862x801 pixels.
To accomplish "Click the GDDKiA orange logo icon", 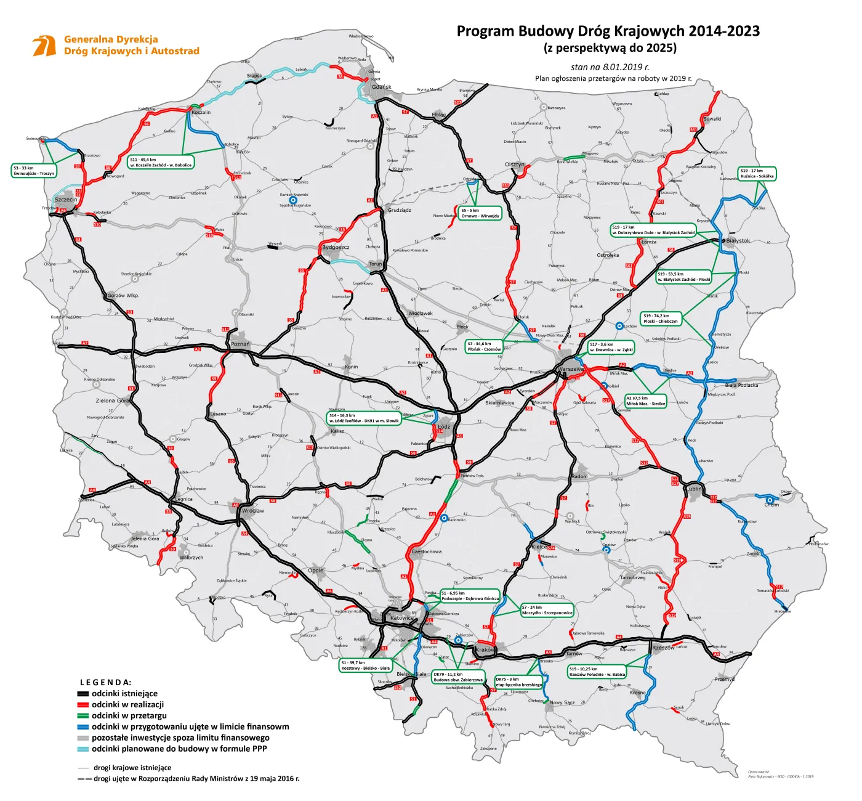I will pyautogui.click(x=44, y=46).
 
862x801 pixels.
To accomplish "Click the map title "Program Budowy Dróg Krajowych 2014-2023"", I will pyautogui.click(x=608, y=31).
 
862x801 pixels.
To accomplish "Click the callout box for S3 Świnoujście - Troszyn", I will pyautogui.click(x=34, y=171).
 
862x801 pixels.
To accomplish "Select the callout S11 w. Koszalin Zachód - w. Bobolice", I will pyautogui.click(x=161, y=163).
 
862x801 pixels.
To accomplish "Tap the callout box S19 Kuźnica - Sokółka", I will pyautogui.click(x=757, y=174).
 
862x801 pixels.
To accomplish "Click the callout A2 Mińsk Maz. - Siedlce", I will pyautogui.click(x=645, y=401).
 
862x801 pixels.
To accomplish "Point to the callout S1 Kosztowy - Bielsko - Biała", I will pyautogui.click(x=366, y=665).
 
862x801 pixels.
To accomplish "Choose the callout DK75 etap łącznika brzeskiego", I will pyautogui.click(x=518, y=682).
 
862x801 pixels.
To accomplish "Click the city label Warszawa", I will pyautogui.click(x=571, y=369).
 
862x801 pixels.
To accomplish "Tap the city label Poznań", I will pyautogui.click(x=240, y=344).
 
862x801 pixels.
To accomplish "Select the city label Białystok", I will pyautogui.click(x=738, y=241).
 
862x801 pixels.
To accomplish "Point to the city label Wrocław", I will pyautogui.click(x=252, y=511).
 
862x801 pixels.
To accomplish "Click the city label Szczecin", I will pyautogui.click(x=66, y=200).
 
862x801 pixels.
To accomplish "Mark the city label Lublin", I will pyautogui.click(x=694, y=489).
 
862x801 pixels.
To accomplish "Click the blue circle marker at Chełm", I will pyautogui.click(x=770, y=500).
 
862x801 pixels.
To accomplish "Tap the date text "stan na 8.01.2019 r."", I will pyautogui.click(x=610, y=67).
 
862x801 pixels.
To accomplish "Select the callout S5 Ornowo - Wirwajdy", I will pyautogui.click(x=480, y=213).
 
